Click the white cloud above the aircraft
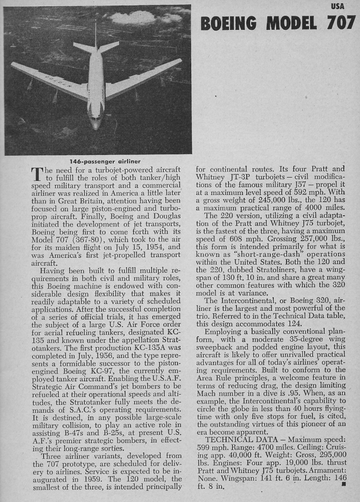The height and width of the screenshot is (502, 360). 135,18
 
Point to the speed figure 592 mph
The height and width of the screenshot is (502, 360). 300,192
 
